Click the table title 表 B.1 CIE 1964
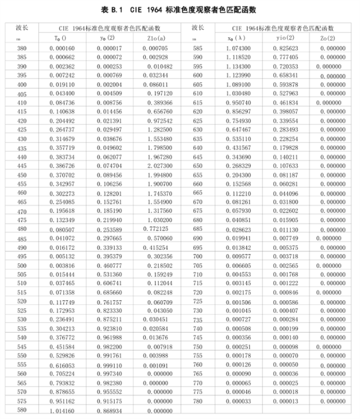[179, 9]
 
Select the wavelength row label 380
[22, 47]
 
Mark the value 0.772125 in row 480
[146, 229]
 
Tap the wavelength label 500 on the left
[22, 265]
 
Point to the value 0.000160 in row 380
[62, 47]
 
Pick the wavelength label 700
[197, 255]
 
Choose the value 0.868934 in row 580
[105, 411]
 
